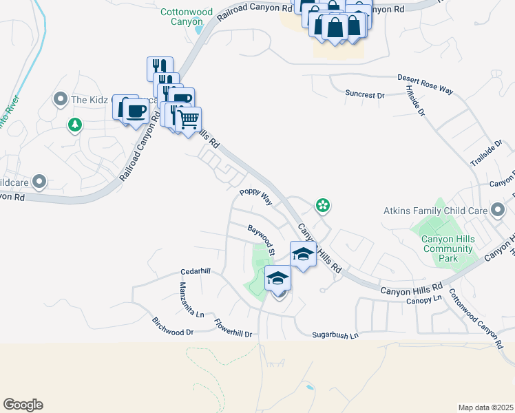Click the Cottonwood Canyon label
pos(182,17)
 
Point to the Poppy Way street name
pos(255,197)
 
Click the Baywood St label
pos(262,237)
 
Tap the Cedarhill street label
pos(195,271)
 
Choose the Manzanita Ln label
pos(192,299)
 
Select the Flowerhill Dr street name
pos(233,328)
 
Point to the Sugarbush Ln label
pos(336,335)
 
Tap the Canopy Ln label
pos(423,300)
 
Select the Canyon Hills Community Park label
pos(440,248)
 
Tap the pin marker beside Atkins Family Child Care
pos(498,211)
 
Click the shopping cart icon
pos(187,118)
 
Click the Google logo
pos(23,405)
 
